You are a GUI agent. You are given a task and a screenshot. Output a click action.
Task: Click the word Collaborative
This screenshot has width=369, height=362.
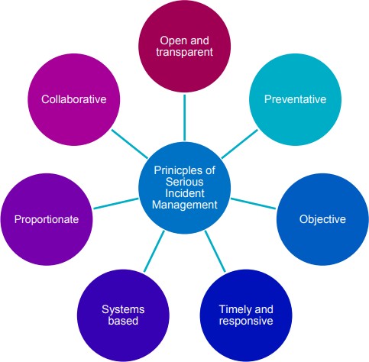coord(74,99)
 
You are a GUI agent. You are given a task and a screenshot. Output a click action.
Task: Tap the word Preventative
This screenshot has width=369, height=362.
coord(295,99)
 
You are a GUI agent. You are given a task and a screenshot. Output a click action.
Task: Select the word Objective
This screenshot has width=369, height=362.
coord(322,219)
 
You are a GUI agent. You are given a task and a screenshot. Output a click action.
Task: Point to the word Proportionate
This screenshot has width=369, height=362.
coord(47,219)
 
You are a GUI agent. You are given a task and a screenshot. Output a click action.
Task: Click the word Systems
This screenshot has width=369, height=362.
coord(123,309)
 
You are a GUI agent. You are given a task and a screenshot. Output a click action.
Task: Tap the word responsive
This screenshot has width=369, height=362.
coord(246,321)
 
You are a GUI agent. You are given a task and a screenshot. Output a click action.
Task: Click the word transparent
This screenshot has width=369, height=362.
coord(185,52)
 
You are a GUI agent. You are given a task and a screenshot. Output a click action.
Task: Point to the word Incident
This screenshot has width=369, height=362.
coord(185,193)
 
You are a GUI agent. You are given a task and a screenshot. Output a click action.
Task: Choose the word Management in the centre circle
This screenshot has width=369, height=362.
coord(185,205)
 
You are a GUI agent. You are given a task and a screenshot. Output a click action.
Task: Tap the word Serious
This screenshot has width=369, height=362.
coord(185,182)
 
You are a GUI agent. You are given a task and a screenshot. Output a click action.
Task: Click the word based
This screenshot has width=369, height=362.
coord(123,321)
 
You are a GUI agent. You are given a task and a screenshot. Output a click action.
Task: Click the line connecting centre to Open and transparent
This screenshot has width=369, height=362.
coord(185,118)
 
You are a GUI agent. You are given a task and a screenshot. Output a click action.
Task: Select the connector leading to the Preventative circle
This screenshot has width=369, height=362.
coord(240,144)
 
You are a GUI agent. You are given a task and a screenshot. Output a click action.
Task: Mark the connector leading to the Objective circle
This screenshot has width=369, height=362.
coord(253,203)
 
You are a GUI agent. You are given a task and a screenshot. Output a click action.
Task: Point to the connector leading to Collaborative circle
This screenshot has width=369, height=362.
coord(130,144)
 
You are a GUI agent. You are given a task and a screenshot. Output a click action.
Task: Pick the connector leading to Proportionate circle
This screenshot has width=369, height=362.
coord(116,203)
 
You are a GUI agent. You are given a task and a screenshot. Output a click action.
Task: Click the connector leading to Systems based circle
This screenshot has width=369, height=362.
coord(154,251)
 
